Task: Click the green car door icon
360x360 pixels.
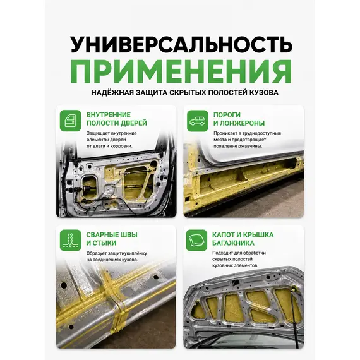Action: click(x=71, y=121)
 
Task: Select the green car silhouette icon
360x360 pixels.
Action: click(x=198, y=121)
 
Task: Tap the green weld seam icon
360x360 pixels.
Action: click(x=71, y=240)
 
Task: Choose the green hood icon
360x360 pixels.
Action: click(x=196, y=240)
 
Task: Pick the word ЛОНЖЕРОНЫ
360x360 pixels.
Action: click(x=243, y=123)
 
